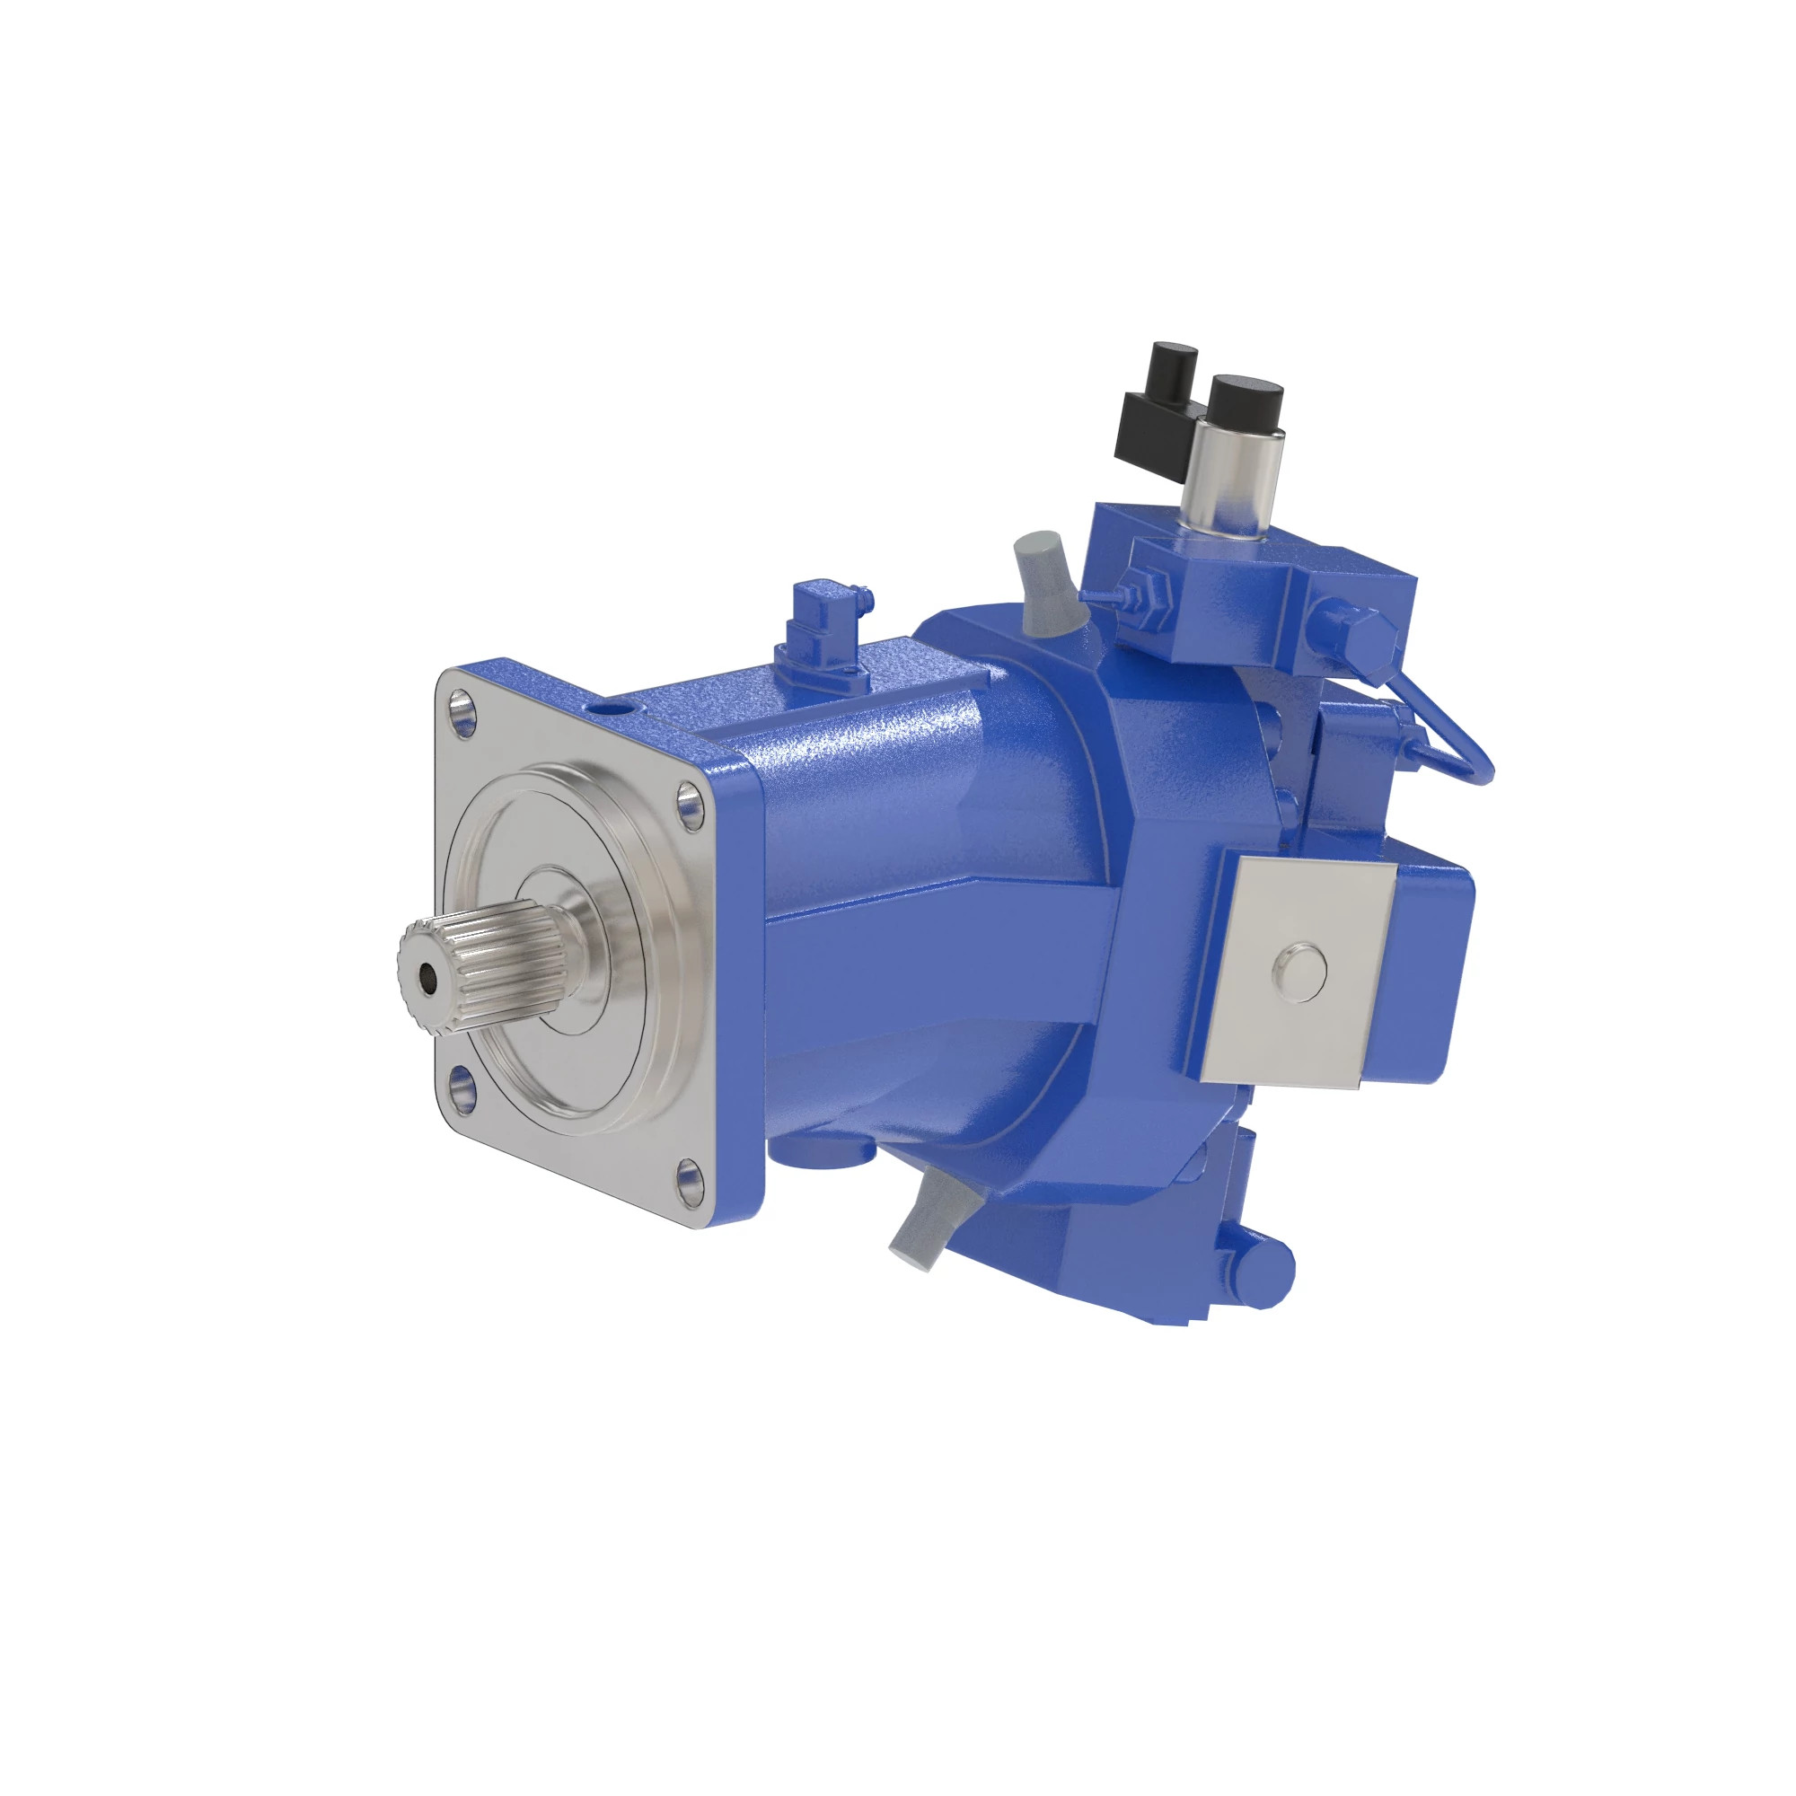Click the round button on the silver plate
(1299, 973)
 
